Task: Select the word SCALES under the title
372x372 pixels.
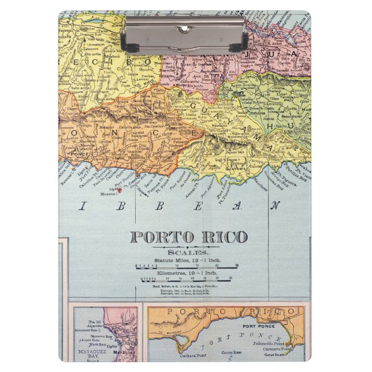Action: click(188, 252)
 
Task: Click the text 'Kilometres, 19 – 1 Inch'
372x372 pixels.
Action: click(188, 272)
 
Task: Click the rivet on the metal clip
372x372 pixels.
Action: click(184, 28)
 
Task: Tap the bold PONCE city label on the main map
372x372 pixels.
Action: click(77, 155)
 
